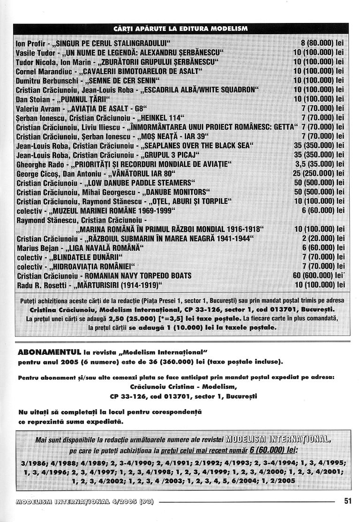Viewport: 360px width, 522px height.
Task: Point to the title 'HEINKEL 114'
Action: pyautogui.click(x=157, y=117)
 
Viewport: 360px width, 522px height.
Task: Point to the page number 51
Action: pyautogui.click(x=347, y=501)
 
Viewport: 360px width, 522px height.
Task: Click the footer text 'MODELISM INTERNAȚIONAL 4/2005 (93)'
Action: pyautogui.click(x=85, y=501)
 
